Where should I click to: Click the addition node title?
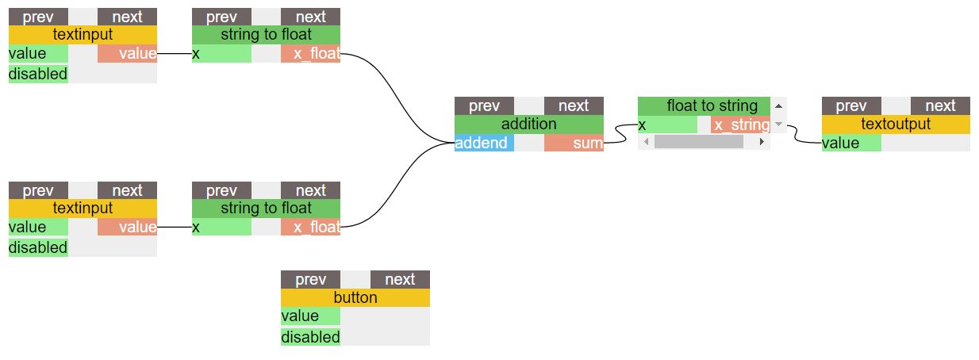click(x=528, y=124)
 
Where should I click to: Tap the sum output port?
click(x=574, y=144)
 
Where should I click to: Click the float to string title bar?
click(x=704, y=106)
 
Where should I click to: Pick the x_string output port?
click(x=740, y=125)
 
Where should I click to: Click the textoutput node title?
click(x=895, y=124)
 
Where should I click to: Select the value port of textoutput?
click(x=850, y=144)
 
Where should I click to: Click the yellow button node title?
click(x=355, y=298)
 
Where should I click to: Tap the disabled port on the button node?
click(x=310, y=337)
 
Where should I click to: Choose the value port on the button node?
click(x=310, y=316)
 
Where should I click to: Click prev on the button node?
click(x=310, y=279)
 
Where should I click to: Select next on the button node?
click(x=399, y=279)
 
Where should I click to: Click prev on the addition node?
click(x=484, y=106)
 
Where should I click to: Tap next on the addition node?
click(x=574, y=106)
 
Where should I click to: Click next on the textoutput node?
click(x=940, y=106)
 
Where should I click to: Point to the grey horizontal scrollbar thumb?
click(x=698, y=142)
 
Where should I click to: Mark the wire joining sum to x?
click(x=621, y=136)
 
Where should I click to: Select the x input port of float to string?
click(x=667, y=125)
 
